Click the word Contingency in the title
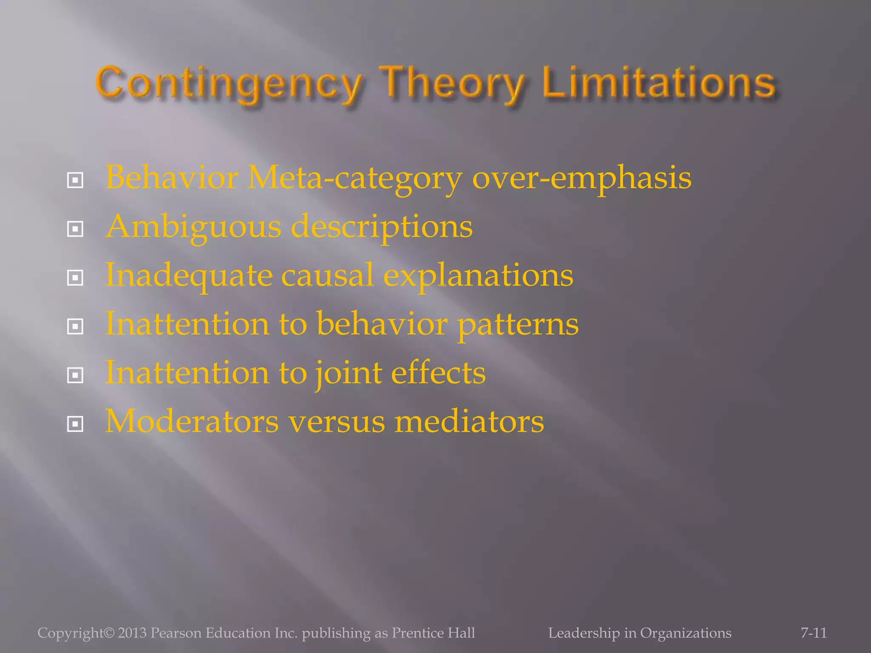pos(230,83)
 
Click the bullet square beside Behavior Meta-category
pos(75,181)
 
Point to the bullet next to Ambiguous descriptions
pos(75,230)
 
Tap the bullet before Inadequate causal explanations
pos(75,278)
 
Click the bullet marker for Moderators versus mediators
pos(75,424)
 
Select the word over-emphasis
pos(581,179)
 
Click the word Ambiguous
pos(194,227)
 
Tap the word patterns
pos(518,324)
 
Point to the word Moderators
pos(192,421)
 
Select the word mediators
pos(469,421)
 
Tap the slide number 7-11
pos(814,633)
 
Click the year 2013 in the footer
pos(132,633)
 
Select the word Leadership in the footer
pos(584,633)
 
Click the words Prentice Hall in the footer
pos(433,633)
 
